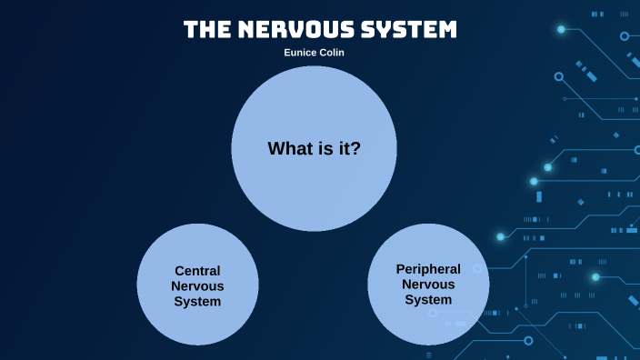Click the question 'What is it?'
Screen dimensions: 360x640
tap(314, 148)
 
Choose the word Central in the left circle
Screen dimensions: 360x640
tap(197, 271)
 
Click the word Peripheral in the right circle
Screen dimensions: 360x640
tap(428, 269)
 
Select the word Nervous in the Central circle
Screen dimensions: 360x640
tap(197, 286)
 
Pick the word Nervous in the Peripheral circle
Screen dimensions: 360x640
tap(428, 285)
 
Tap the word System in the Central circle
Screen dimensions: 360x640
tap(197, 302)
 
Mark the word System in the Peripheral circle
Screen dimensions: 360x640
tap(428, 300)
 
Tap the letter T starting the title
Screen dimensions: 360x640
tap(191, 29)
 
